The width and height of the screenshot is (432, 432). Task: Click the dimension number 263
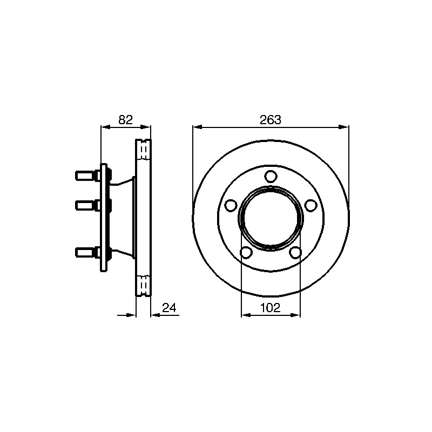(271, 120)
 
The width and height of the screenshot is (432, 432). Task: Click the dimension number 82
(126, 120)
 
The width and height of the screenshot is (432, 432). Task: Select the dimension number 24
(169, 308)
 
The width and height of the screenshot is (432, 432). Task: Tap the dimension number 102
(271, 308)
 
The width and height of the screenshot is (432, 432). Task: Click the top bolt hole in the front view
(271, 177)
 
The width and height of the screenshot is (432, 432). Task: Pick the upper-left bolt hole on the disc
(231, 206)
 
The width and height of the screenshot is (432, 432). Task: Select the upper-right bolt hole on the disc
(311, 206)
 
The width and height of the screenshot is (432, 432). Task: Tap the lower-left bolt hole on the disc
(246, 252)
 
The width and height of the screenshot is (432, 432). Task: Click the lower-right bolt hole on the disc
(295, 252)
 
